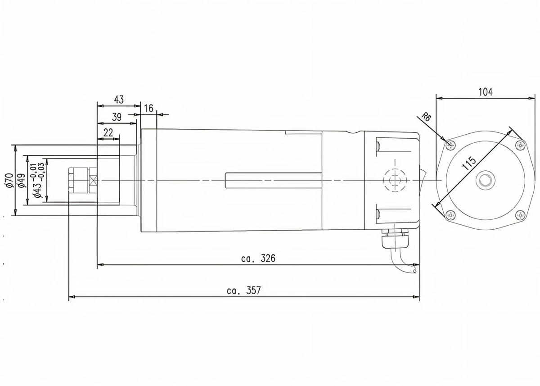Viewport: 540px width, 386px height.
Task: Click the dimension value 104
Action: (485, 92)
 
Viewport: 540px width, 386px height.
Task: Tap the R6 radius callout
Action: (427, 118)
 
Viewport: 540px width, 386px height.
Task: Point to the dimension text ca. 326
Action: (258, 259)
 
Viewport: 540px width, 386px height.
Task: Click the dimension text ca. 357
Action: (244, 291)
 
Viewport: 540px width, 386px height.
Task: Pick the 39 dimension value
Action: (117, 117)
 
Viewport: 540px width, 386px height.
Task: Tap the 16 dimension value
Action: (148, 108)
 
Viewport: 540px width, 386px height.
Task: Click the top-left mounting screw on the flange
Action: (450, 145)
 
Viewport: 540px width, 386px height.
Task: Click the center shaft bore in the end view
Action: (485, 180)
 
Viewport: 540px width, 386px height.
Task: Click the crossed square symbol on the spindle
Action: (94, 180)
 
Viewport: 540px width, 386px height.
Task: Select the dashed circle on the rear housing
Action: (394, 180)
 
